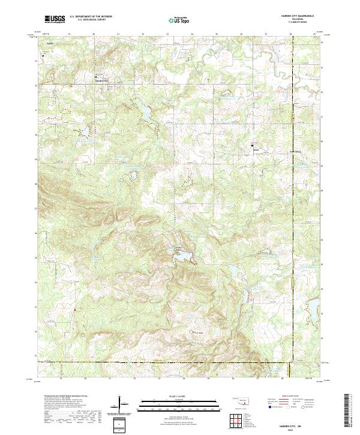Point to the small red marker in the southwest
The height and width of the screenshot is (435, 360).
point(74,310)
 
